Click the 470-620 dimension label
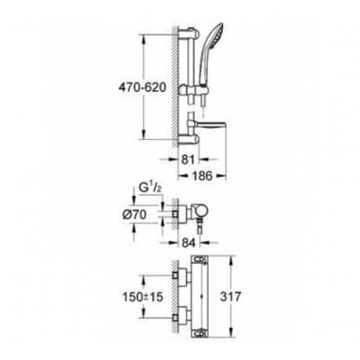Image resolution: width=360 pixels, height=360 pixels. click(142, 88)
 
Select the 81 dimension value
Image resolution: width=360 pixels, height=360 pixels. click(188, 160)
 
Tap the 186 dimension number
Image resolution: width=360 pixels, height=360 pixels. click(203, 176)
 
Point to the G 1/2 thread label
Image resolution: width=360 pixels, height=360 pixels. click(149, 188)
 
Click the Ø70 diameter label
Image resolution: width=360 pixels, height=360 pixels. click(135, 214)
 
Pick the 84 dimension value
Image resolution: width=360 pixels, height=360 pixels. click(189, 243)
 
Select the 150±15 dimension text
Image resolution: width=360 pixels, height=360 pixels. click(142, 297)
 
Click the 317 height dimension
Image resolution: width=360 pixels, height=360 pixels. click(231, 297)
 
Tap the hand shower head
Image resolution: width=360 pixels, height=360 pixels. click(211, 53)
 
